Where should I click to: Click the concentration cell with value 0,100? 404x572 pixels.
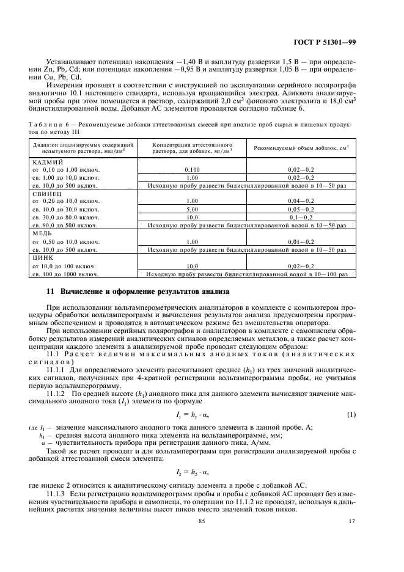[193, 169]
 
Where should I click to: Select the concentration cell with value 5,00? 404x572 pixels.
[193, 209]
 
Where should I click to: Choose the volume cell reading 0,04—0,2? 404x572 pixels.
[301, 200]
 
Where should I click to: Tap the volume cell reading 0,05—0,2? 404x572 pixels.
[301, 209]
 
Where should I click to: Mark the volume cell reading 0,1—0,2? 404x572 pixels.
[301, 217]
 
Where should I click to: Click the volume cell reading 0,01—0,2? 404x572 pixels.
[301, 242]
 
